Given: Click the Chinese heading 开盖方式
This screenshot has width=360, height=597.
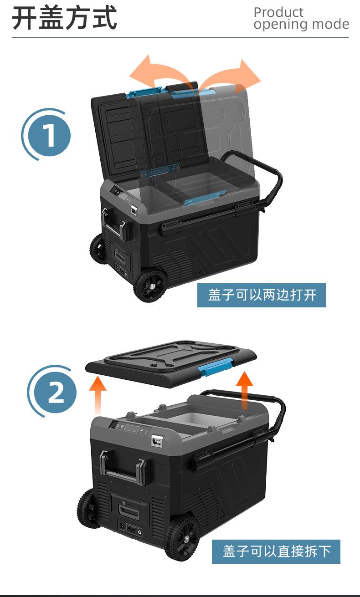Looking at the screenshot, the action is tap(65, 18).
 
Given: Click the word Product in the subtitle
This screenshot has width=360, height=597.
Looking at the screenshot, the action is tap(278, 12).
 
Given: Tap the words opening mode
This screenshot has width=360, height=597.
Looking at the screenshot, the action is tap(301, 25).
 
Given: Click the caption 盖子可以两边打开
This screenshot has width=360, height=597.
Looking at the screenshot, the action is tap(261, 295).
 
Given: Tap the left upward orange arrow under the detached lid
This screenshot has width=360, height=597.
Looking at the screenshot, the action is tap(98, 395).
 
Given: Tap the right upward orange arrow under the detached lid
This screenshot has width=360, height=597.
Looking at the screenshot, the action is tap(245, 390).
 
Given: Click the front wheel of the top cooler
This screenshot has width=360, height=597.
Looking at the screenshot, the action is tap(150, 286).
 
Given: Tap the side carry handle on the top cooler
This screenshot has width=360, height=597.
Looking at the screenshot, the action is tap(115, 224).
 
